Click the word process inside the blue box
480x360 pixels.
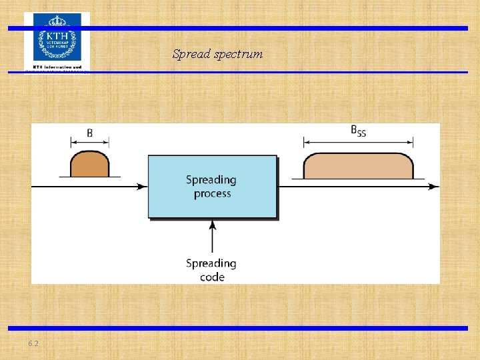pos(212,194)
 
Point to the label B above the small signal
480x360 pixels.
pos(90,133)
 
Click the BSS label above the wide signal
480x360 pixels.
pos(358,131)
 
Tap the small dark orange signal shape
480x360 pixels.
pos(90,165)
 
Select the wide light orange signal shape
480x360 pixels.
pos(358,165)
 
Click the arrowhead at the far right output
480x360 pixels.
pos(434,187)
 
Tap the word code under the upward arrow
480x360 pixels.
pos(212,277)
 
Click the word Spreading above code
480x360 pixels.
pos(211,264)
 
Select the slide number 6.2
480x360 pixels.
pos(33,343)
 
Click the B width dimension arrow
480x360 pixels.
pos(90,142)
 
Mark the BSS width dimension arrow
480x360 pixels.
pos(358,142)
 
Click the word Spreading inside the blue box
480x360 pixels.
pos(211,180)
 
